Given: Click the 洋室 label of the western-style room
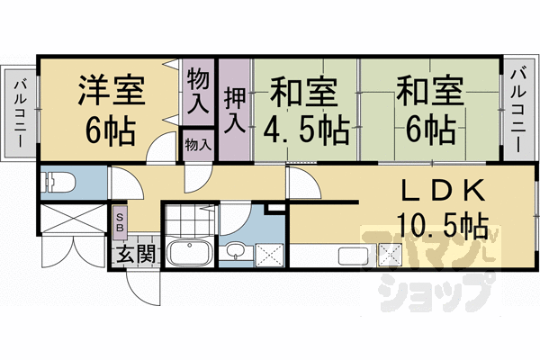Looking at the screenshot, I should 112,92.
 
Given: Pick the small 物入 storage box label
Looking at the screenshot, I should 198,144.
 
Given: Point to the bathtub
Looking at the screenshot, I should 188,252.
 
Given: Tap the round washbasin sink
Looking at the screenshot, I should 236,251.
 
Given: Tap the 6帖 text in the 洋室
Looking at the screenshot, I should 112,131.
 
